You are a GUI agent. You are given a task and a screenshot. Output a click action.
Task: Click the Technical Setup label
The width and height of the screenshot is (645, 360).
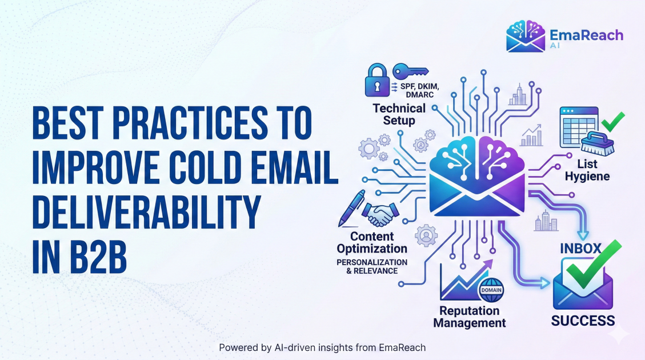[399, 114]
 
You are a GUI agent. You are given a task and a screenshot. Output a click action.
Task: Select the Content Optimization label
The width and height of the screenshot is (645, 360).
[372, 242]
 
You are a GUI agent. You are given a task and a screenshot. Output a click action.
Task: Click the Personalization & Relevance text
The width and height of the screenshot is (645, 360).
[372, 266]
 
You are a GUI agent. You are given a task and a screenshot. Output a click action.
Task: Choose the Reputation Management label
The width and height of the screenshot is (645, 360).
[469, 317]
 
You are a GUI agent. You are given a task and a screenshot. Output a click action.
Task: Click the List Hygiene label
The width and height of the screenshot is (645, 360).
[587, 170]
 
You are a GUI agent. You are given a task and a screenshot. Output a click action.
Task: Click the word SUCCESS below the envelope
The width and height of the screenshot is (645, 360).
[583, 320]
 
